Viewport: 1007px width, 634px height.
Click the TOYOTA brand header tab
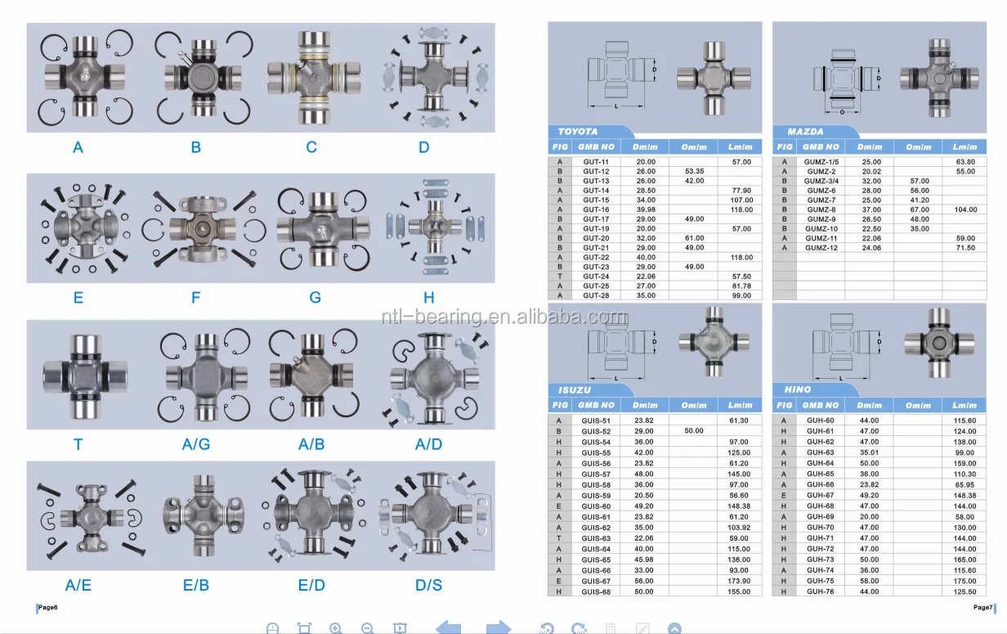(x=578, y=132)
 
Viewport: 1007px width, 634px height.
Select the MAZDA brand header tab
(x=805, y=132)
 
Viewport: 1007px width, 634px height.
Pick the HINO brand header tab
(x=798, y=390)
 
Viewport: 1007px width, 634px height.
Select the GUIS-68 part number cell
(x=596, y=591)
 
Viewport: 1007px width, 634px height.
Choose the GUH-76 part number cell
(x=821, y=591)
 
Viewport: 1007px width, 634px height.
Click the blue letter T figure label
(x=78, y=444)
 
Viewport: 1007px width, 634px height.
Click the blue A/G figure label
(x=196, y=444)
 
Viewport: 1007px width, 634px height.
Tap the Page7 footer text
(x=982, y=608)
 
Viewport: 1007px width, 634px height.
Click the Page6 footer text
(x=47, y=608)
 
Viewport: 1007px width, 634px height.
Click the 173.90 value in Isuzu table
(x=740, y=581)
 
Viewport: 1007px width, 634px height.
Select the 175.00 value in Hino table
(x=964, y=581)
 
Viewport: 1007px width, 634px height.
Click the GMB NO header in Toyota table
(x=596, y=147)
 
